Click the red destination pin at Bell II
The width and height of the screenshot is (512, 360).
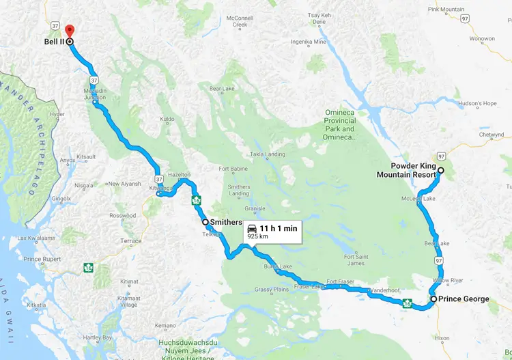pyautogui.click(x=69, y=31)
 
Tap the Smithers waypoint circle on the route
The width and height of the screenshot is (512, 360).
pyautogui.click(x=205, y=222)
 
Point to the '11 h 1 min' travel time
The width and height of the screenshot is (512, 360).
pyautogui.click(x=279, y=228)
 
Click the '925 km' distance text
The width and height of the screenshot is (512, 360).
pyautogui.click(x=257, y=236)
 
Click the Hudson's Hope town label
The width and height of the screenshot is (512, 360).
pyautogui.click(x=478, y=104)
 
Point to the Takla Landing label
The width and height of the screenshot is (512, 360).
pyautogui.click(x=267, y=154)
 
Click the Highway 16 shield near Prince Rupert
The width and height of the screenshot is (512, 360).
pyautogui.click(x=88, y=267)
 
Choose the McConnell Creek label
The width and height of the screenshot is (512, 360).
pyautogui.click(x=240, y=20)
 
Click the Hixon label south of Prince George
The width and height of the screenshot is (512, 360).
pyautogui.click(x=442, y=337)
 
